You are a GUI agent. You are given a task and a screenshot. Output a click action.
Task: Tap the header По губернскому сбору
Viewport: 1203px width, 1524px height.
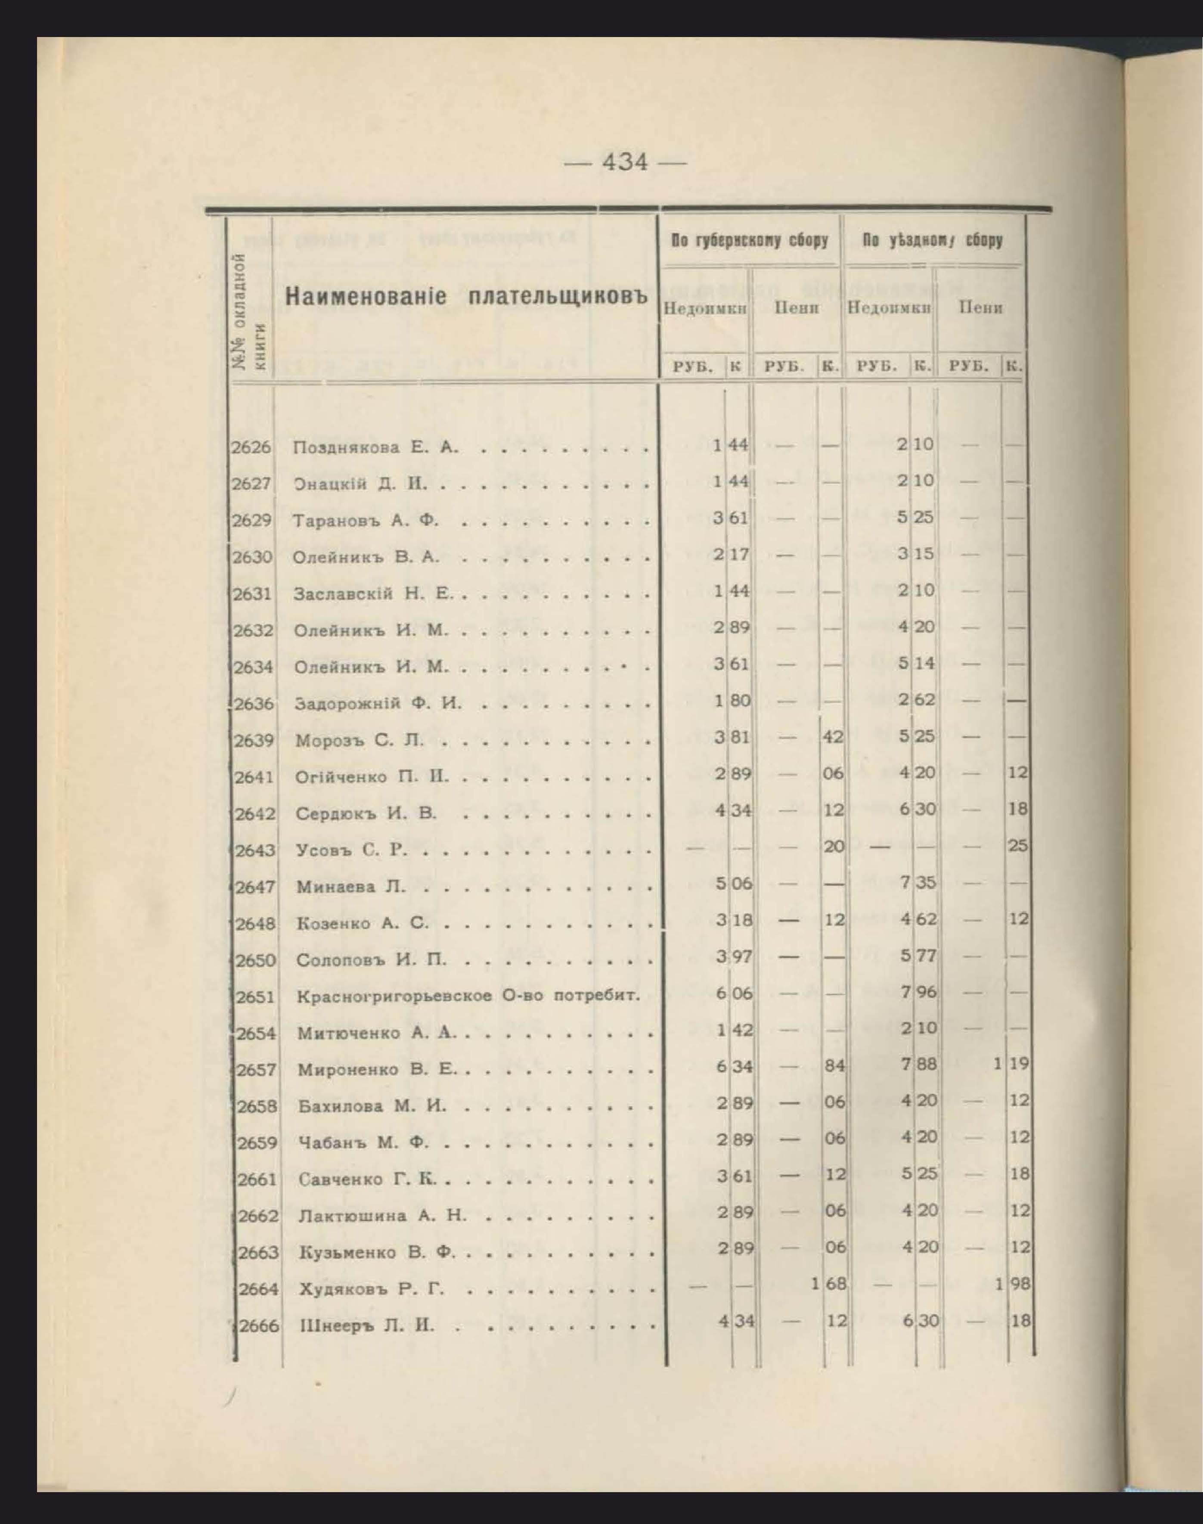click(x=750, y=241)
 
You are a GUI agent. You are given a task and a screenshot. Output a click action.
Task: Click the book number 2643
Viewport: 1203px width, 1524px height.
click(x=255, y=850)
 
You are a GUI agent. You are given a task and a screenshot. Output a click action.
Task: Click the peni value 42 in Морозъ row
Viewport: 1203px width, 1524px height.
click(x=833, y=737)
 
